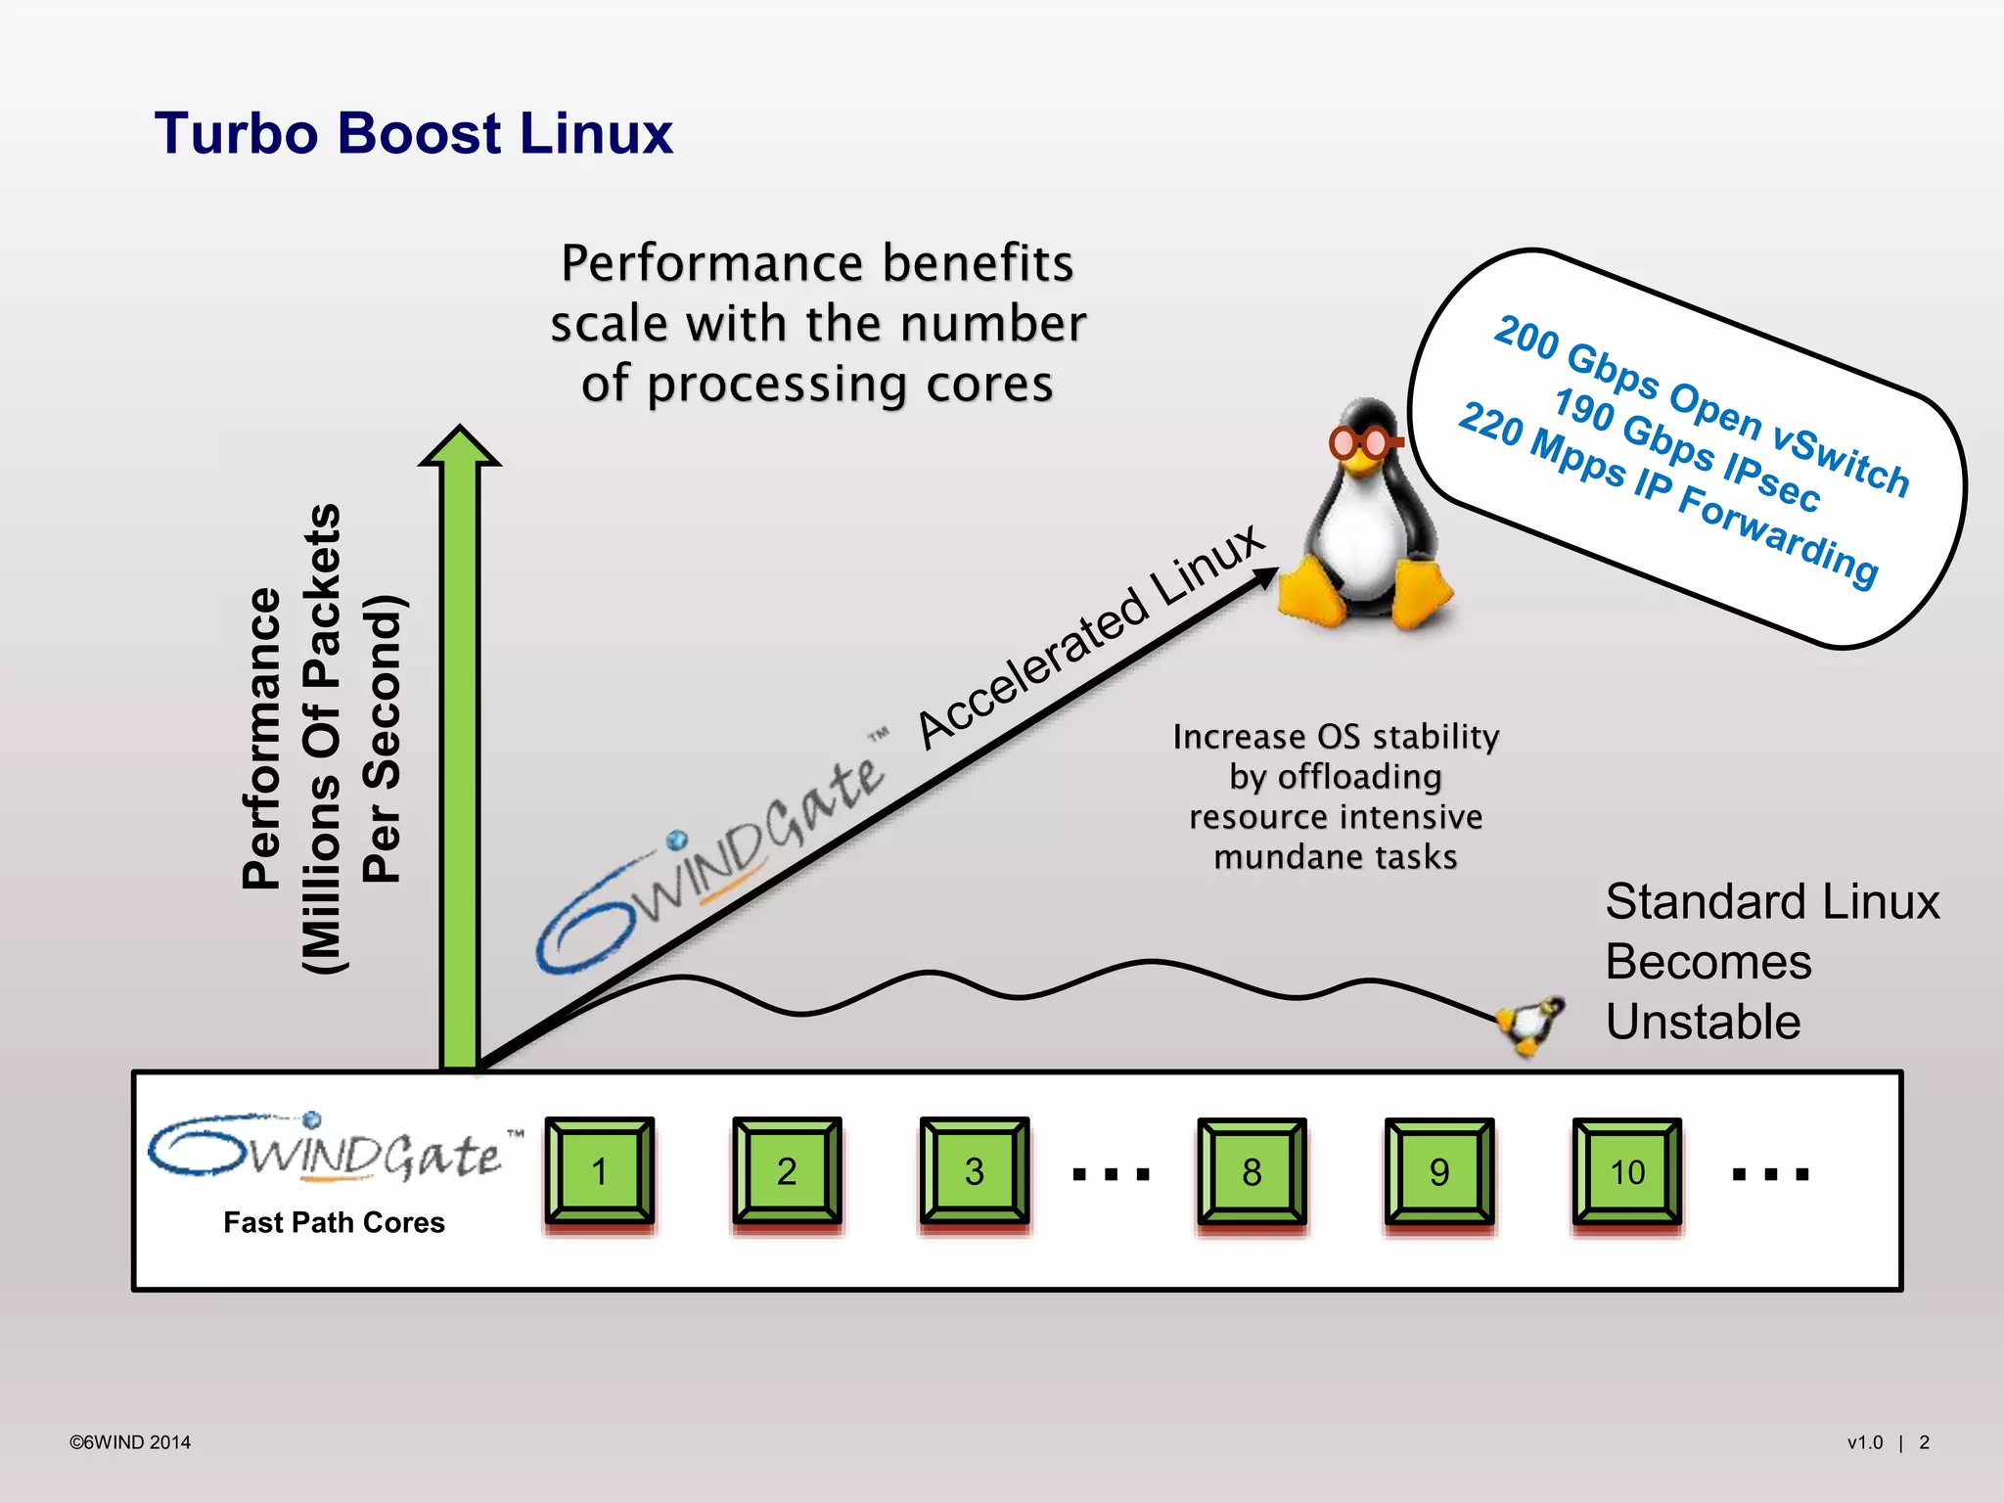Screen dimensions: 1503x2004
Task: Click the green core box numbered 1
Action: point(599,1171)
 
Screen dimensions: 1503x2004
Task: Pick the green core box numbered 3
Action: point(974,1171)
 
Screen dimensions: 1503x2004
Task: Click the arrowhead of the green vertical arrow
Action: point(459,447)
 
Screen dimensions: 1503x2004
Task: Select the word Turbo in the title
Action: point(236,133)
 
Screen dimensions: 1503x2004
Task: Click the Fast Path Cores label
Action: point(334,1222)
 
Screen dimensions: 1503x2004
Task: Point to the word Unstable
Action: point(1703,1022)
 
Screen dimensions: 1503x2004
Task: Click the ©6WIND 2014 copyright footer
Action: point(130,1442)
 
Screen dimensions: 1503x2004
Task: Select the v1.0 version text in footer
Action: point(1864,1442)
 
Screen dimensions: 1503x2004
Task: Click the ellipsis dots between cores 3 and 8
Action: point(1111,1174)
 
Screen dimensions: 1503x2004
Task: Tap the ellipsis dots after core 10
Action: point(1770,1174)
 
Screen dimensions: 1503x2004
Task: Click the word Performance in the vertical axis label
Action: point(262,739)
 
